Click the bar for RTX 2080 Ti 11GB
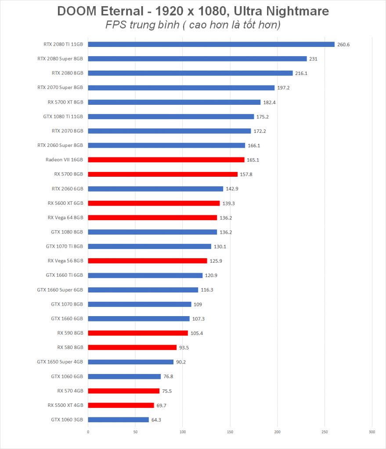pos(211,44)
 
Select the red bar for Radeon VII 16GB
pos(166,160)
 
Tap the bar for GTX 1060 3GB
pos(119,420)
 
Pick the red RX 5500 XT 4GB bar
pos(121,406)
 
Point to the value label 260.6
pos(343,45)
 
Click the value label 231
pos(313,59)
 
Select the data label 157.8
pos(246,175)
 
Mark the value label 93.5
pos(184,348)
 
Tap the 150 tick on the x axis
pos(230,432)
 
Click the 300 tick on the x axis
pos(372,432)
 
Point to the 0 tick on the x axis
pos(88,432)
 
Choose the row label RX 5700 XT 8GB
pos(65,102)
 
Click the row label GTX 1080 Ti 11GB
pos(63,117)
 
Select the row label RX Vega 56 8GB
pos(65,261)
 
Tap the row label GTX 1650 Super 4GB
pos(60,362)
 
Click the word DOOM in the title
pos(77,11)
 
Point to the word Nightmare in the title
pos(297,11)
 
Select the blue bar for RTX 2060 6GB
pos(155,189)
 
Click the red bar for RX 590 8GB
pos(138,333)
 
